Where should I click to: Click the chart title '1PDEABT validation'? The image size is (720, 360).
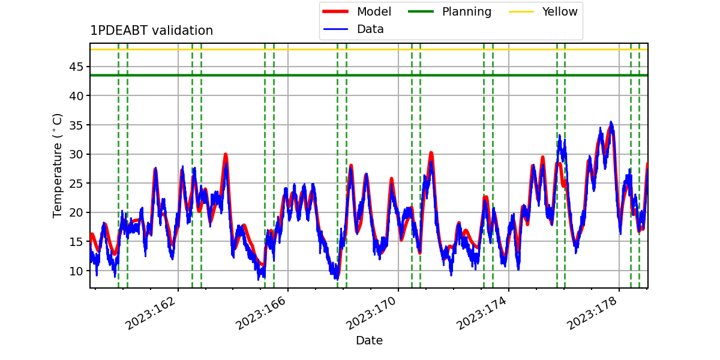pyautogui.click(x=151, y=31)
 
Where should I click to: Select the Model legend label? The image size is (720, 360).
pyautogui.click(x=374, y=11)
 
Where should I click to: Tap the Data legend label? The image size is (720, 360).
pyautogui.click(x=370, y=29)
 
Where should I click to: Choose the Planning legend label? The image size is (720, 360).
pyautogui.click(x=467, y=12)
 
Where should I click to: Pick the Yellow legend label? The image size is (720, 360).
pyautogui.click(x=560, y=11)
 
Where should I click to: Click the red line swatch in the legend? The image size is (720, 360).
pyautogui.click(x=335, y=11)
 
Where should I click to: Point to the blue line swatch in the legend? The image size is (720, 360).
pyautogui.click(x=335, y=29)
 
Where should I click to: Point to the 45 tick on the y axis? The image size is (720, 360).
pyautogui.click(x=76, y=67)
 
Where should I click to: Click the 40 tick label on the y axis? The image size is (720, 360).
pyautogui.click(x=76, y=96)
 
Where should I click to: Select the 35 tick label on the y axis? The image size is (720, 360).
pyautogui.click(x=76, y=125)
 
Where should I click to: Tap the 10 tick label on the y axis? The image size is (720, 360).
pyautogui.click(x=76, y=271)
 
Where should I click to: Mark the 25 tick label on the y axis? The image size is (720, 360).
pyautogui.click(x=76, y=184)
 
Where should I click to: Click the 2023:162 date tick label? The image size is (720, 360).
pyautogui.click(x=151, y=313)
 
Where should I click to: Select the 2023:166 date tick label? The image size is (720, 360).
pyautogui.click(x=260, y=313)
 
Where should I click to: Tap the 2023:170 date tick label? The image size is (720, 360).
pyautogui.click(x=371, y=313)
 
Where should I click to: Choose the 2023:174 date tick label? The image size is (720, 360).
pyautogui.click(x=481, y=313)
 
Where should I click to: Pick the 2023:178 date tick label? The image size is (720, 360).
pyautogui.click(x=592, y=313)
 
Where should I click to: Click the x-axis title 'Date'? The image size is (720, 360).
pyautogui.click(x=370, y=340)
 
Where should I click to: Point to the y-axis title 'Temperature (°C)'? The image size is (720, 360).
pyautogui.click(x=57, y=166)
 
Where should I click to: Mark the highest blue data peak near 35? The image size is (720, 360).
pyautogui.click(x=611, y=122)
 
